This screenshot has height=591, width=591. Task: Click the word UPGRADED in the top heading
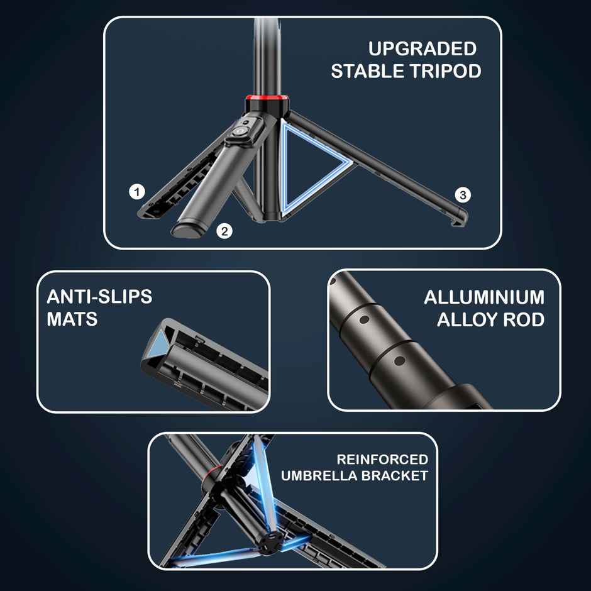click(x=423, y=49)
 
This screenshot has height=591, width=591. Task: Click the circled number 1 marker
click(x=137, y=192)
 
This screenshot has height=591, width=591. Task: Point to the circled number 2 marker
click(x=224, y=231)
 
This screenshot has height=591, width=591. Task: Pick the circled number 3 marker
click(x=463, y=195)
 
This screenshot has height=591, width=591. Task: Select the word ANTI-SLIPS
click(x=99, y=297)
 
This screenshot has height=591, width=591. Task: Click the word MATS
click(x=72, y=319)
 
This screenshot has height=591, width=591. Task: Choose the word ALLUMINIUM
click(x=484, y=297)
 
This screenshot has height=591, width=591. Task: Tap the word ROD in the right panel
click(x=524, y=320)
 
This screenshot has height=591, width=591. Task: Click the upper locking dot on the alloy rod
click(x=364, y=320)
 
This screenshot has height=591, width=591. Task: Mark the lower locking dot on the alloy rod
click(x=399, y=361)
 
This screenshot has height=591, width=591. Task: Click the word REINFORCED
click(x=382, y=460)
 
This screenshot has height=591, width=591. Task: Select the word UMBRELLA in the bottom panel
click(x=319, y=476)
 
